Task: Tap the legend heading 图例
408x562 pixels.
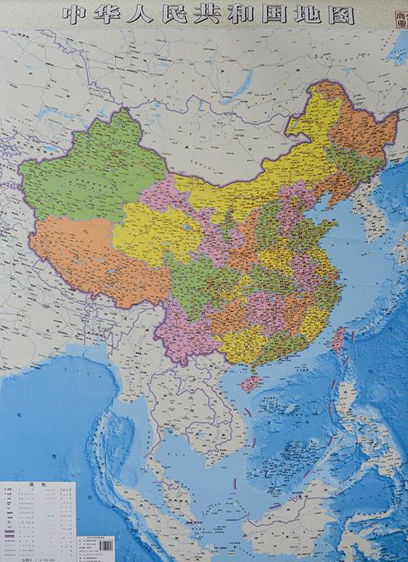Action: [38, 484]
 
